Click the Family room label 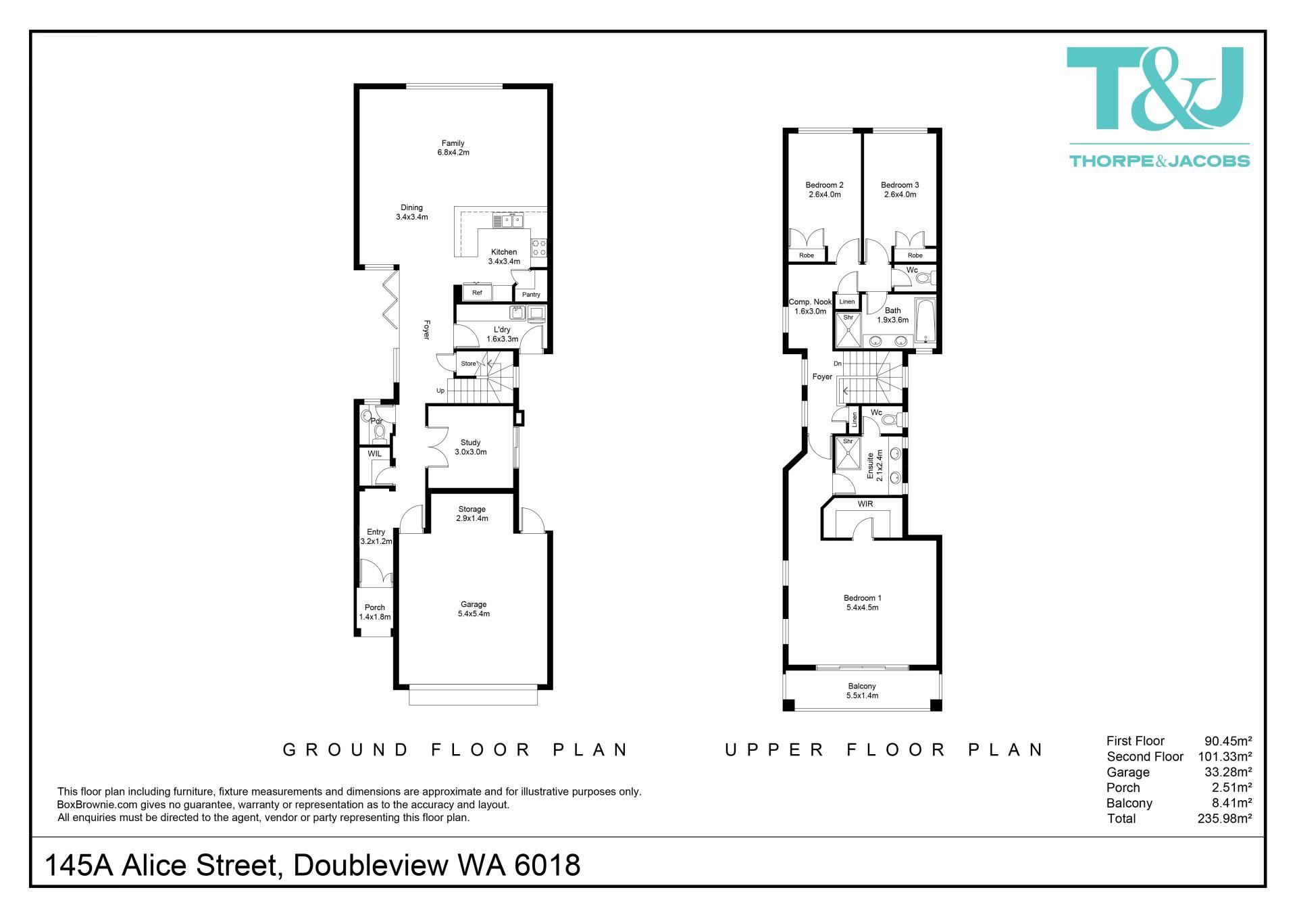tap(453, 148)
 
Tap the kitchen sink tap(508, 220)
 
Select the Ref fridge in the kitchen tap(477, 293)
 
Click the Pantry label tap(531, 295)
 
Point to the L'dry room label tap(502, 334)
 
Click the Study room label tap(470, 447)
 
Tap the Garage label tap(474, 609)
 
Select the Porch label tap(375, 612)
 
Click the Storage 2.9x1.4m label tap(472, 514)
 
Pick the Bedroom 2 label tap(824, 190)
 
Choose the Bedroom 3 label tap(900, 190)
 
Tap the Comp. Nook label tap(810, 307)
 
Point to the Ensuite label tap(875, 466)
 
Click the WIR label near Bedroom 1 tap(865, 504)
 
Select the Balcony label tap(862, 691)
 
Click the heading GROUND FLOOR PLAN tap(456, 749)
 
